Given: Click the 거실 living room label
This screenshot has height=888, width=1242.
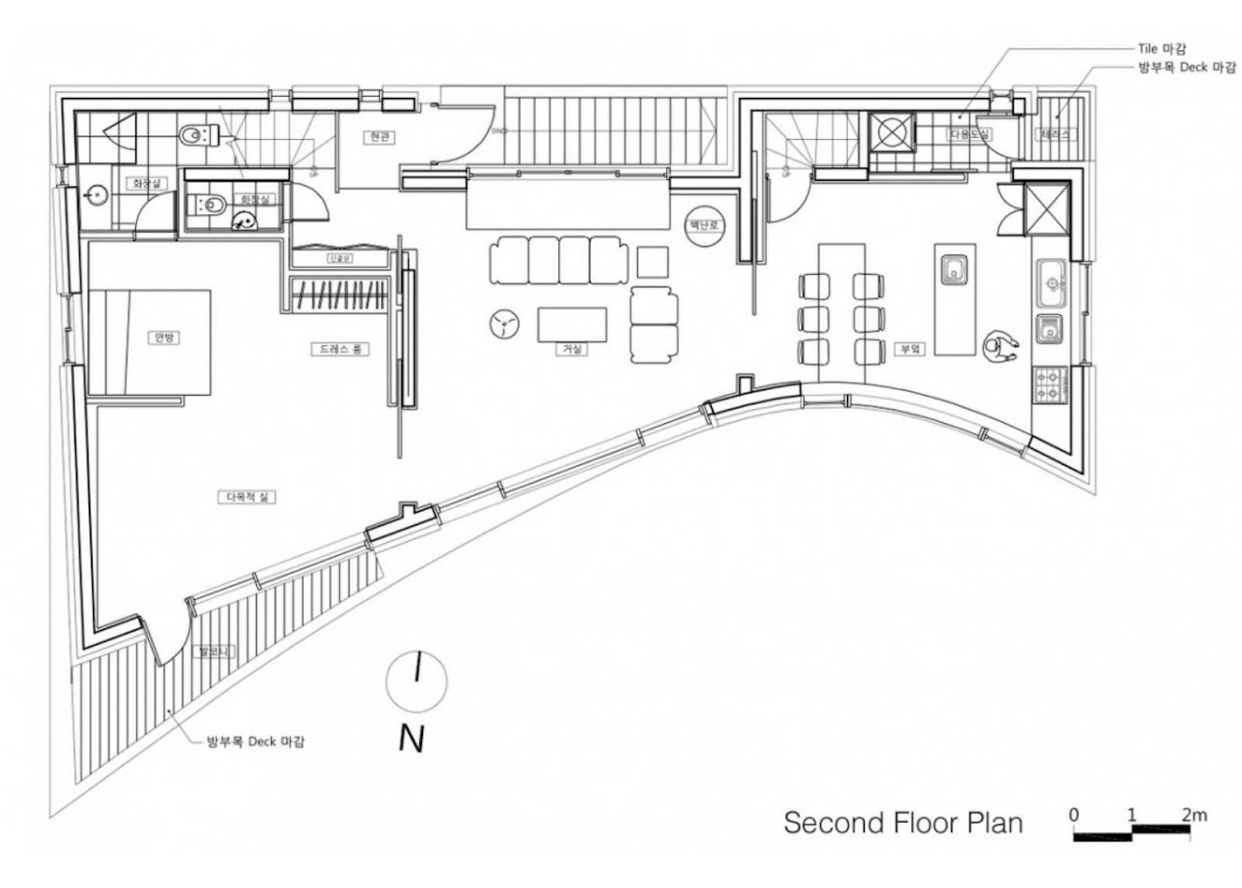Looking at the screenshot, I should [x=571, y=348].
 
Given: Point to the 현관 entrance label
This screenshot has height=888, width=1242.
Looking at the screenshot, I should [x=377, y=137].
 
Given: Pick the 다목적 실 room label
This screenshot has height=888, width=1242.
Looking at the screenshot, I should [x=248, y=497].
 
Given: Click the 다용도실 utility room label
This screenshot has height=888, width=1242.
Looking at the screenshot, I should [x=970, y=135].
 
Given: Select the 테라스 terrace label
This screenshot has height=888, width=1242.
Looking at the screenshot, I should [x=1055, y=134].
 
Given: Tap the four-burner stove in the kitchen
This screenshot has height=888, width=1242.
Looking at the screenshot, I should [x=1049, y=385].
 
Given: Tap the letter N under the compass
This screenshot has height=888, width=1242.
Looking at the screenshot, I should [x=411, y=738].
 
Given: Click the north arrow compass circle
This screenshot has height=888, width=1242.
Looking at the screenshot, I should [x=416, y=681].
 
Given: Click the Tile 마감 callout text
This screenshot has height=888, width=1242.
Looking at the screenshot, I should [x=1162, y=48].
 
